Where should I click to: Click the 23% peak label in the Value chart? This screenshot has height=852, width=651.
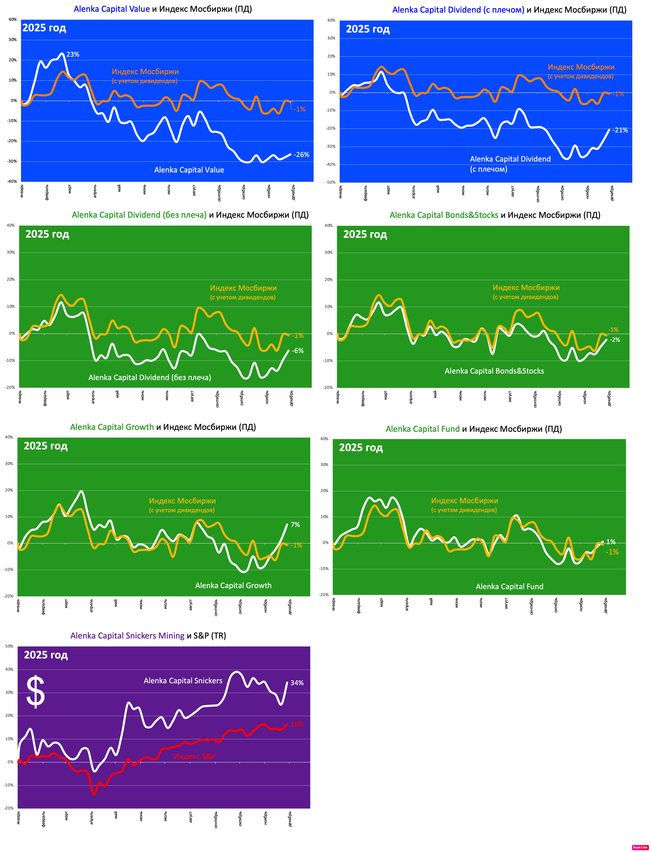[73, 55]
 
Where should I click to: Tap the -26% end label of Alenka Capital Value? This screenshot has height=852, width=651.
[301, 155]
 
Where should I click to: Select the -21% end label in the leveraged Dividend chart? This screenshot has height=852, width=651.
[620, 130]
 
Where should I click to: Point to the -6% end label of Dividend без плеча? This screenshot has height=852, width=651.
[298, 351]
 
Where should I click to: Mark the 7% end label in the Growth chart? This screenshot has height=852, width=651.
[295, 525]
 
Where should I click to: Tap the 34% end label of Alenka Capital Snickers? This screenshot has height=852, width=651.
[297, 683]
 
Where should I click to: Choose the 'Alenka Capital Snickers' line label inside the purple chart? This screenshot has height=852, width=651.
[183, 680]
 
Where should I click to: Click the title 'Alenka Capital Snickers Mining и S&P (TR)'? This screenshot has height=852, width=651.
[148, 636]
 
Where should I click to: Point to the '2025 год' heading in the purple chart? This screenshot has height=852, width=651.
[46, 655]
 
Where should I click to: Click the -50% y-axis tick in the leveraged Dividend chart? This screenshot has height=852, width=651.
[331, 182]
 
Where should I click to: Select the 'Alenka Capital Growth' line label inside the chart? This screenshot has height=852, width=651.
[233, 586]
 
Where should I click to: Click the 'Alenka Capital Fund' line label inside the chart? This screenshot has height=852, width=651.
[510, 586]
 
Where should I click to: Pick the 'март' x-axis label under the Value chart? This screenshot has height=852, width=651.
[70, 190]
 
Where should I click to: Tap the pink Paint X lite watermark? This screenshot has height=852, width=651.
[640, 847]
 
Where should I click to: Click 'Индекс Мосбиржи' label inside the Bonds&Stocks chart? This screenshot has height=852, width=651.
[526, 288]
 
